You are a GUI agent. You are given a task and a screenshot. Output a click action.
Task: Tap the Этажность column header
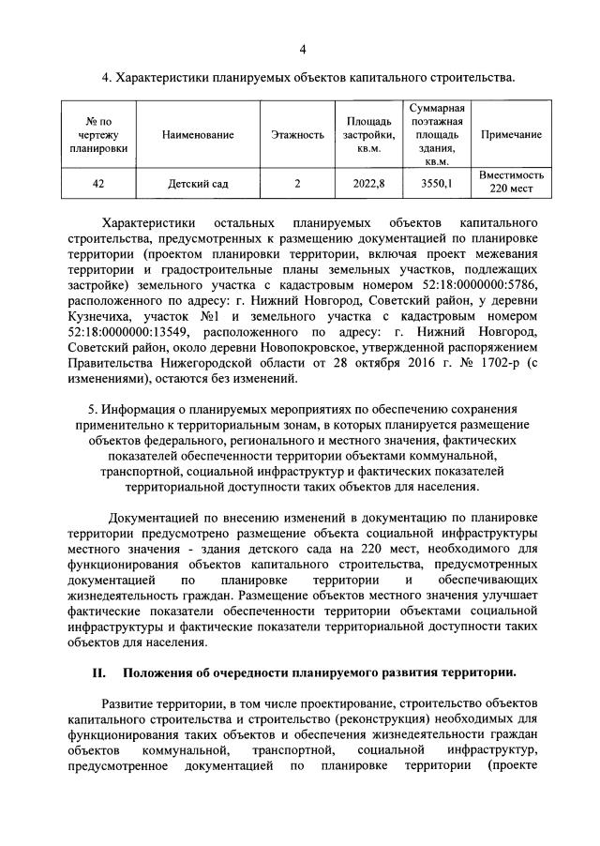click(297, 135)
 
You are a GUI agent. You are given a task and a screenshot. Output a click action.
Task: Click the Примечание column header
click(511, 135)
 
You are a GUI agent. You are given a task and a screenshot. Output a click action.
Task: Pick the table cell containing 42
click(98, 184)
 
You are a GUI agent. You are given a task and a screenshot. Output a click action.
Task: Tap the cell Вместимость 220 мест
click(511, 183)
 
